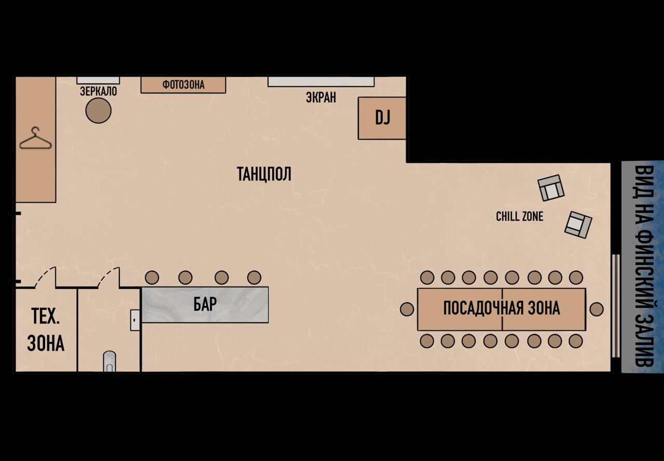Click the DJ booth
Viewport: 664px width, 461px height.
[x=382, y=118]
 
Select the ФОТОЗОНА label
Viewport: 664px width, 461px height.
[x=183, y=85]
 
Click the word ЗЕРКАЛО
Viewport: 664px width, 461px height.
[x=98, y=92]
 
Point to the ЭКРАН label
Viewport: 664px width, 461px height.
[x=321, y=97]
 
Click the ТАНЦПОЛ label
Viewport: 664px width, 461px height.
[x=264, y=174]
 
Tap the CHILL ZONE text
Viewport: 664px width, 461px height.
[x=519, y=216]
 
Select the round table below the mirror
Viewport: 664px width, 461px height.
[x=98, y=110]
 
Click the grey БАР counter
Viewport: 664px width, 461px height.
[x=205, y=304]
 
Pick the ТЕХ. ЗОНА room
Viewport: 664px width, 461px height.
[x=46, y=330]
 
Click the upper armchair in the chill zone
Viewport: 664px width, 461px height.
[x=551, y=188]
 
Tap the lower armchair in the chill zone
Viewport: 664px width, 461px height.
[x=578, y=224]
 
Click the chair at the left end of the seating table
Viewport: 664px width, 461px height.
[x=407, y=309]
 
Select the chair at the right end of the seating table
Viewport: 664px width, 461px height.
[x=597, y=309]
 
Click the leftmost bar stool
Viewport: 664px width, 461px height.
[x=151, y=277]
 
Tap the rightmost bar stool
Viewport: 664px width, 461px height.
[x=254, y=277]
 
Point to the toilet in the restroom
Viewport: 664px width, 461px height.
[x=109, y=361]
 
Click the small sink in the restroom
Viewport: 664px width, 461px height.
[x=135, y=320]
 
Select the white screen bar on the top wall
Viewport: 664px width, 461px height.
[x=321, y=81]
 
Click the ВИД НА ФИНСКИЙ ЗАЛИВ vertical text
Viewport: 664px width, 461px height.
[x=643, y=266]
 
